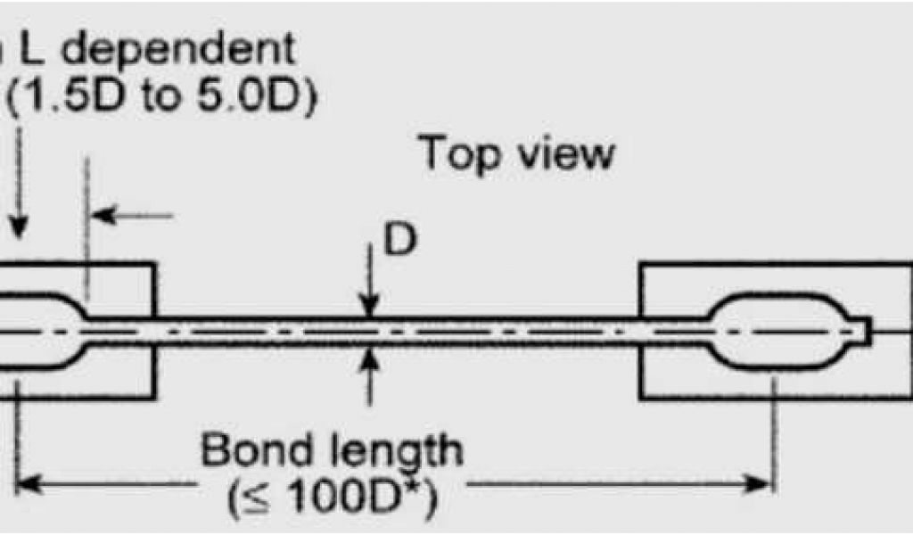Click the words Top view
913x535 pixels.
tap(517, 153)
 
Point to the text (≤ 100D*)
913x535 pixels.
tap(333, 503)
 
